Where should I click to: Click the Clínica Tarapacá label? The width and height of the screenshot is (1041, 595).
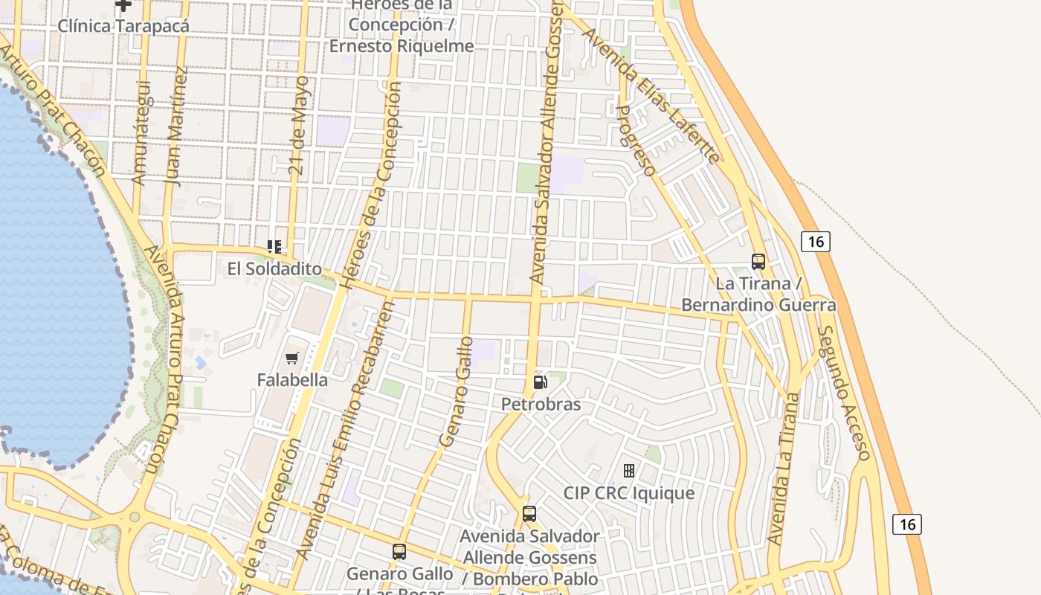(123, 25)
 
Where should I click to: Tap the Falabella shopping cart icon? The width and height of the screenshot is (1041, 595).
(292, 358)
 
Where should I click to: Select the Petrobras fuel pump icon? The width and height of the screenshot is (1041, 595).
(541, 383)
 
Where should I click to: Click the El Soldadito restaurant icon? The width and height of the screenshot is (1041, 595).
(274, 247)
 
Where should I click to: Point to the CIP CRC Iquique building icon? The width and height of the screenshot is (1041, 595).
(629, 471)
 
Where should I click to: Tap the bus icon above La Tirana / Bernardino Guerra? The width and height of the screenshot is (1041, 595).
(758, 262)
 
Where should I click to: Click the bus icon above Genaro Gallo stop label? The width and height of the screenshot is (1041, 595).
(399, 552)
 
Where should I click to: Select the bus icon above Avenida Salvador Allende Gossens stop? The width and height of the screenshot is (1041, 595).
(529, 514)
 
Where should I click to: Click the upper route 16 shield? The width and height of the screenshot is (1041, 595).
(816, 241)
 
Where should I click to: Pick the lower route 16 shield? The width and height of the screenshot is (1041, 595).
(907, 524)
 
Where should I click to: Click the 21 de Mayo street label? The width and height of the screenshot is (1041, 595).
(299, 125)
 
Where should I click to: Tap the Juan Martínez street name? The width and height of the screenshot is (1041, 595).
(176, 125)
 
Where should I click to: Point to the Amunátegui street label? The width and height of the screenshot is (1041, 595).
(141, 132)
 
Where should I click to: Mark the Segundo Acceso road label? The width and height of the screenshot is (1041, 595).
(844, 392)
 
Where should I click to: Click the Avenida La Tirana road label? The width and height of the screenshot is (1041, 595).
(784, 469)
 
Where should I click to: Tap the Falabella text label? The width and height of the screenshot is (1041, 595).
(292, 380)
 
